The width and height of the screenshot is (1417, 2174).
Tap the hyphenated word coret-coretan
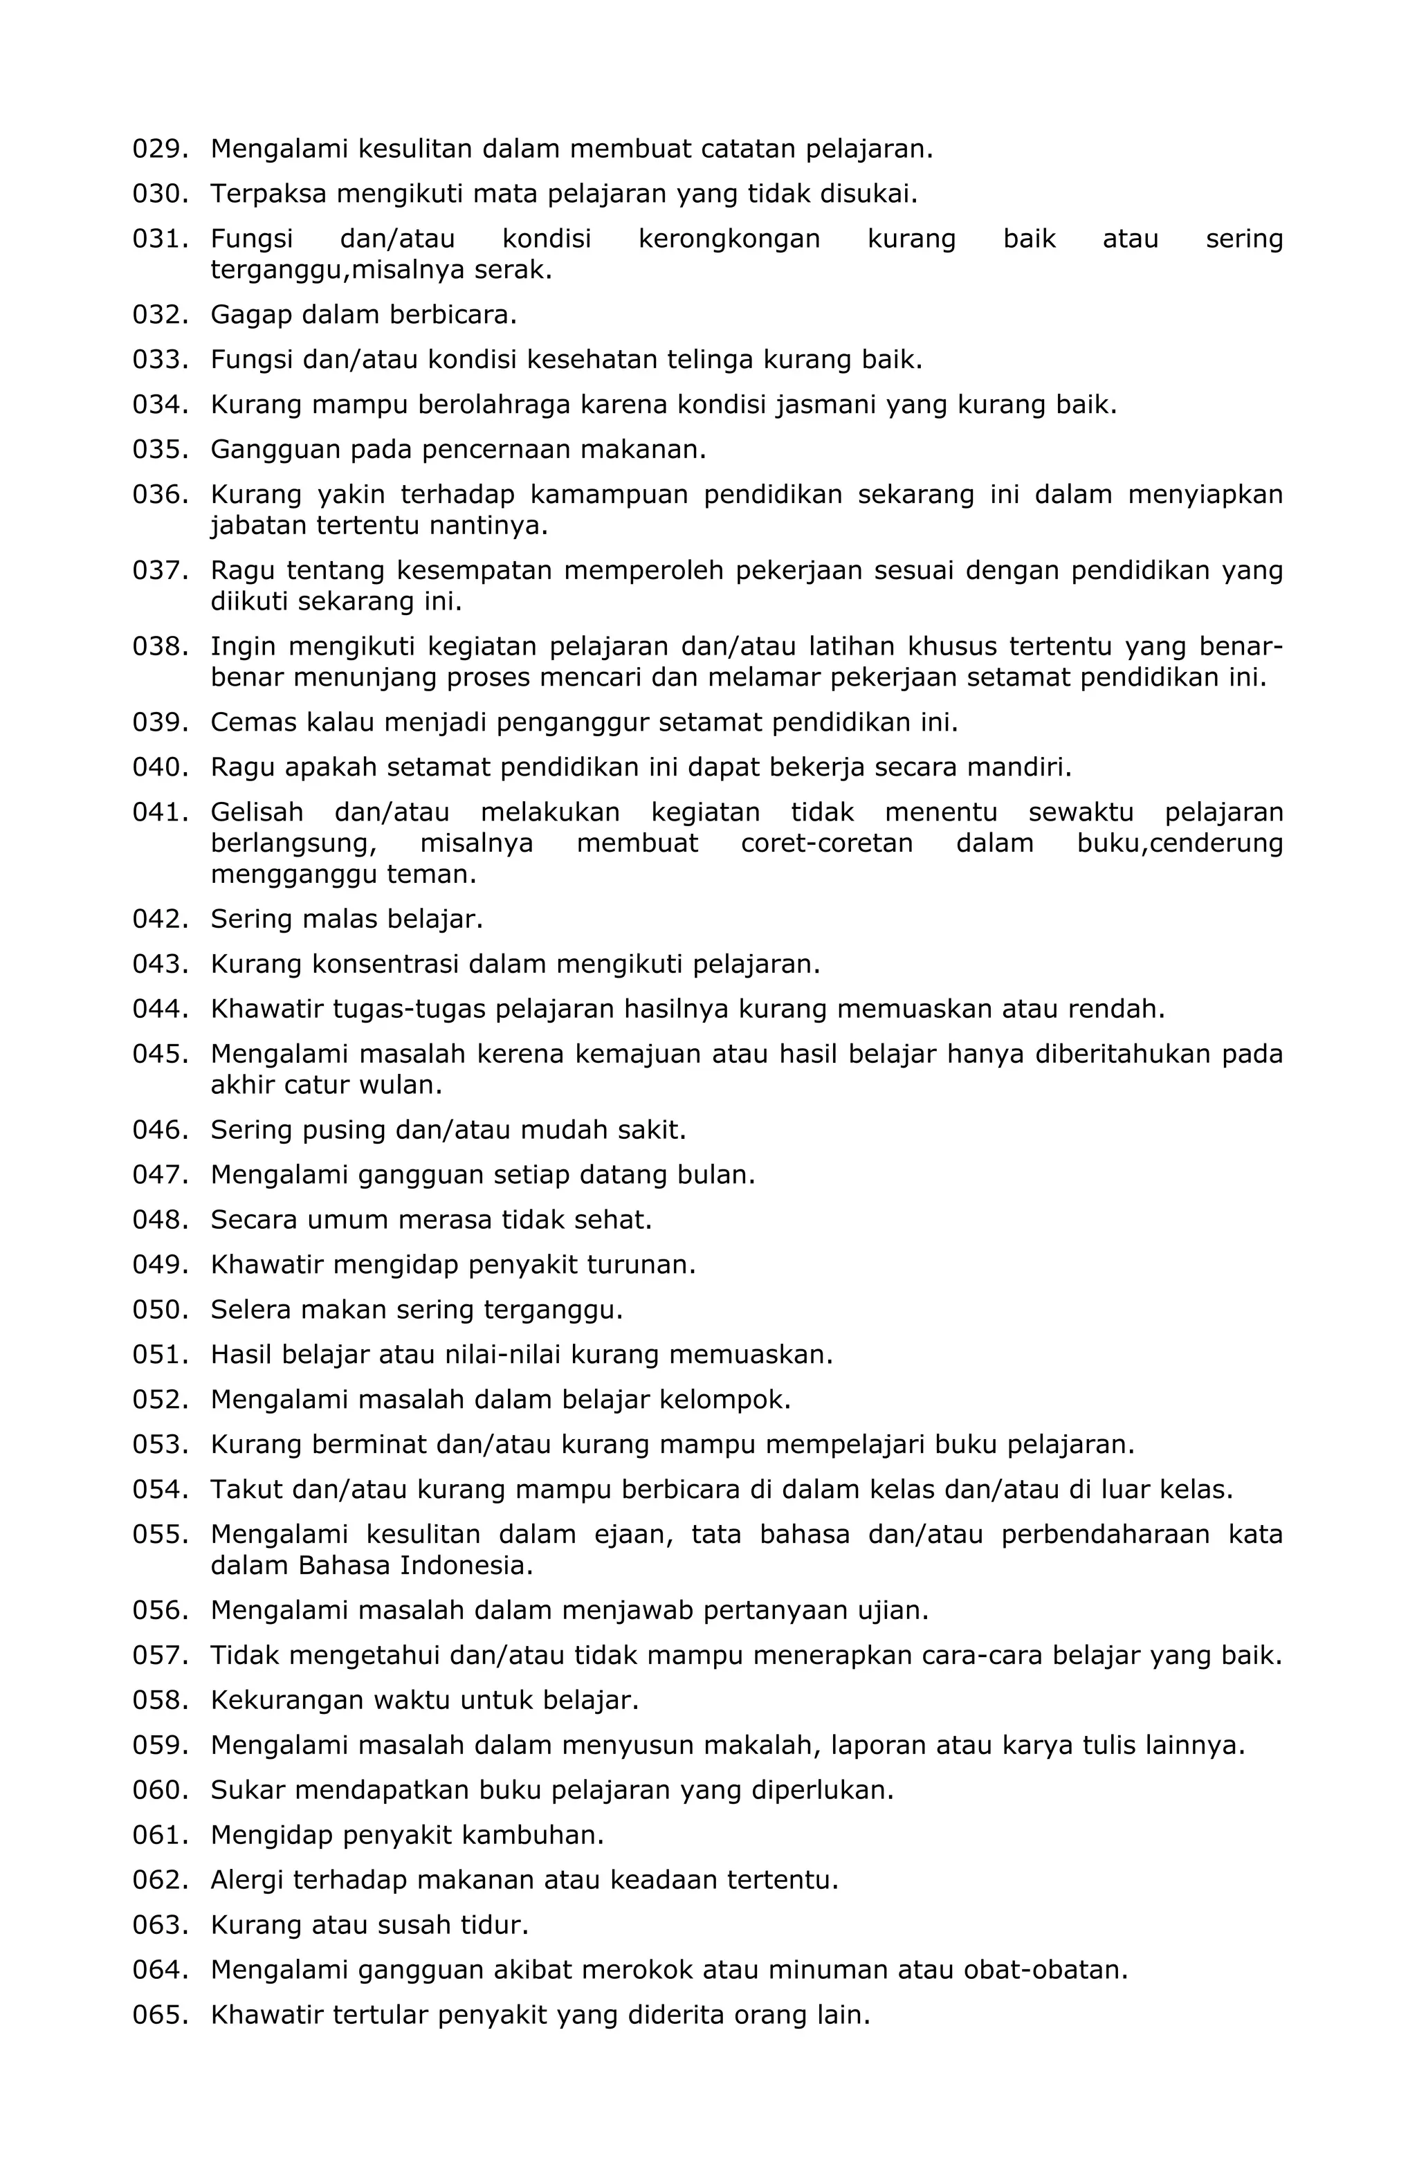[x=826, y=843]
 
